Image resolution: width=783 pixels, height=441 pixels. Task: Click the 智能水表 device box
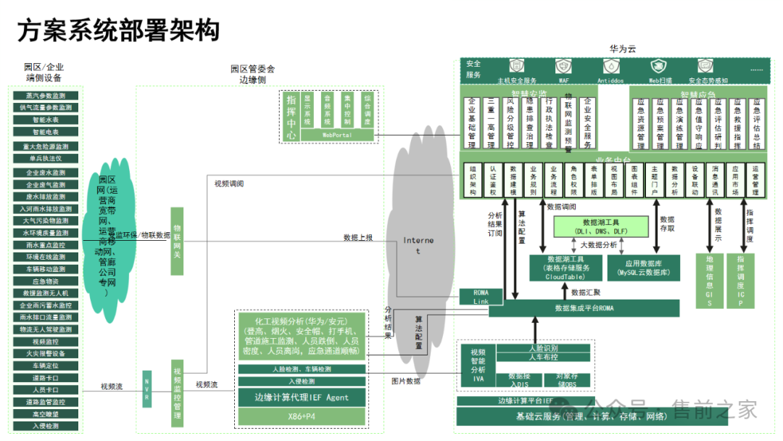point(45,120)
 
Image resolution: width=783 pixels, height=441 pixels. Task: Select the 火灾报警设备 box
point(45,353)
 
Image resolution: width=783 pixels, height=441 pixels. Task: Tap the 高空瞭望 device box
point(45,413)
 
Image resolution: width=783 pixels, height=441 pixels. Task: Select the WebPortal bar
point(337,134)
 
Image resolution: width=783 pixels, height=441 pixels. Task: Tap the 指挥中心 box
point(291,115)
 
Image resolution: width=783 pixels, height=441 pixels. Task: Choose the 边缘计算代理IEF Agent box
point(302,397)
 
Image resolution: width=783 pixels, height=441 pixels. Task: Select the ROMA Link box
point(481,297)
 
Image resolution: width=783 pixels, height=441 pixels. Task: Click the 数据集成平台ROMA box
point(584,308)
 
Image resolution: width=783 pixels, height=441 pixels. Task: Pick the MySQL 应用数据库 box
point(643,268)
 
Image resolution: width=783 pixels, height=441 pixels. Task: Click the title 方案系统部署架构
point(117,31)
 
